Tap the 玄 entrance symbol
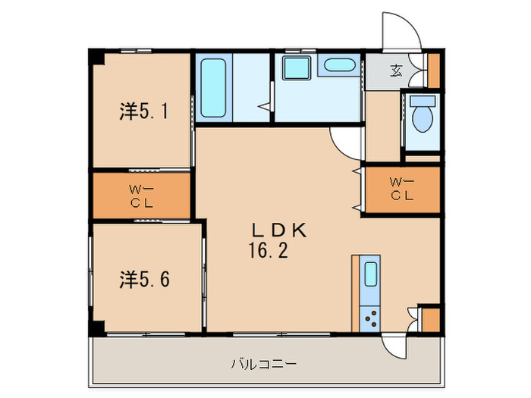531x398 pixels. pos(396,72)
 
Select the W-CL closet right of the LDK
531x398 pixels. pos(402,189)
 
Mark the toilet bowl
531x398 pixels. pos(421,116)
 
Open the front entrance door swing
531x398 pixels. pos(401,32)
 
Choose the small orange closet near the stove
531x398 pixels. pos(429,319)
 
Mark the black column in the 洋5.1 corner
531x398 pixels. pos(96,57)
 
